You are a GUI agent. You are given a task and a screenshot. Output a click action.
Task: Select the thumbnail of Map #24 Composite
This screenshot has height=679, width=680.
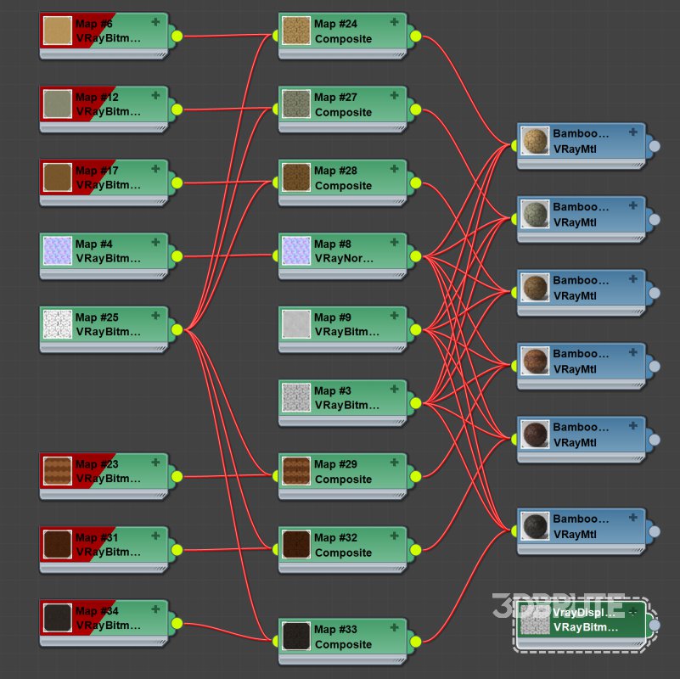point(296,31)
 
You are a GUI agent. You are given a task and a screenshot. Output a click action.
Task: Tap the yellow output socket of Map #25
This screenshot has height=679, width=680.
point(177,329)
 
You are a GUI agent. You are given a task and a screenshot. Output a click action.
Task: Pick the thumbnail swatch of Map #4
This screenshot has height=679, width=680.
point(57,251)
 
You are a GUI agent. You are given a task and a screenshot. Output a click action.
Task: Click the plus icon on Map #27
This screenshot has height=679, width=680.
point(394,97)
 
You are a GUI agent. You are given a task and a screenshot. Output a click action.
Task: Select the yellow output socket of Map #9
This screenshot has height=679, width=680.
point(415,329)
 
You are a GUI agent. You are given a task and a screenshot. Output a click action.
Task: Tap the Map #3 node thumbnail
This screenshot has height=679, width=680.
point(296,398)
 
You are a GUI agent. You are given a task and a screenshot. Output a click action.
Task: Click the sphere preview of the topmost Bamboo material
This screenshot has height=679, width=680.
point(535,141)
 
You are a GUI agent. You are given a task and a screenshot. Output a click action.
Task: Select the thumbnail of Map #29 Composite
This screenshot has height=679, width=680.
point(296,472)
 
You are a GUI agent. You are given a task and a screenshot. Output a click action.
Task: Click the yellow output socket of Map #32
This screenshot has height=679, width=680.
point(415,549)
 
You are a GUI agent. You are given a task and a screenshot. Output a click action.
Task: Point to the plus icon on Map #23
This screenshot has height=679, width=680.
point(155,463)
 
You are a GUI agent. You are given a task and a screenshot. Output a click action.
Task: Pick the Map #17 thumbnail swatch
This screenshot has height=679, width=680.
point(57,177)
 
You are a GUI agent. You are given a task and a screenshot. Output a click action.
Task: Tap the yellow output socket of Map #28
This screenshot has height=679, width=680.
point(415,182)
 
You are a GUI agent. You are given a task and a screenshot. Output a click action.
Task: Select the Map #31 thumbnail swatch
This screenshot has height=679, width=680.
point(57,545)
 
